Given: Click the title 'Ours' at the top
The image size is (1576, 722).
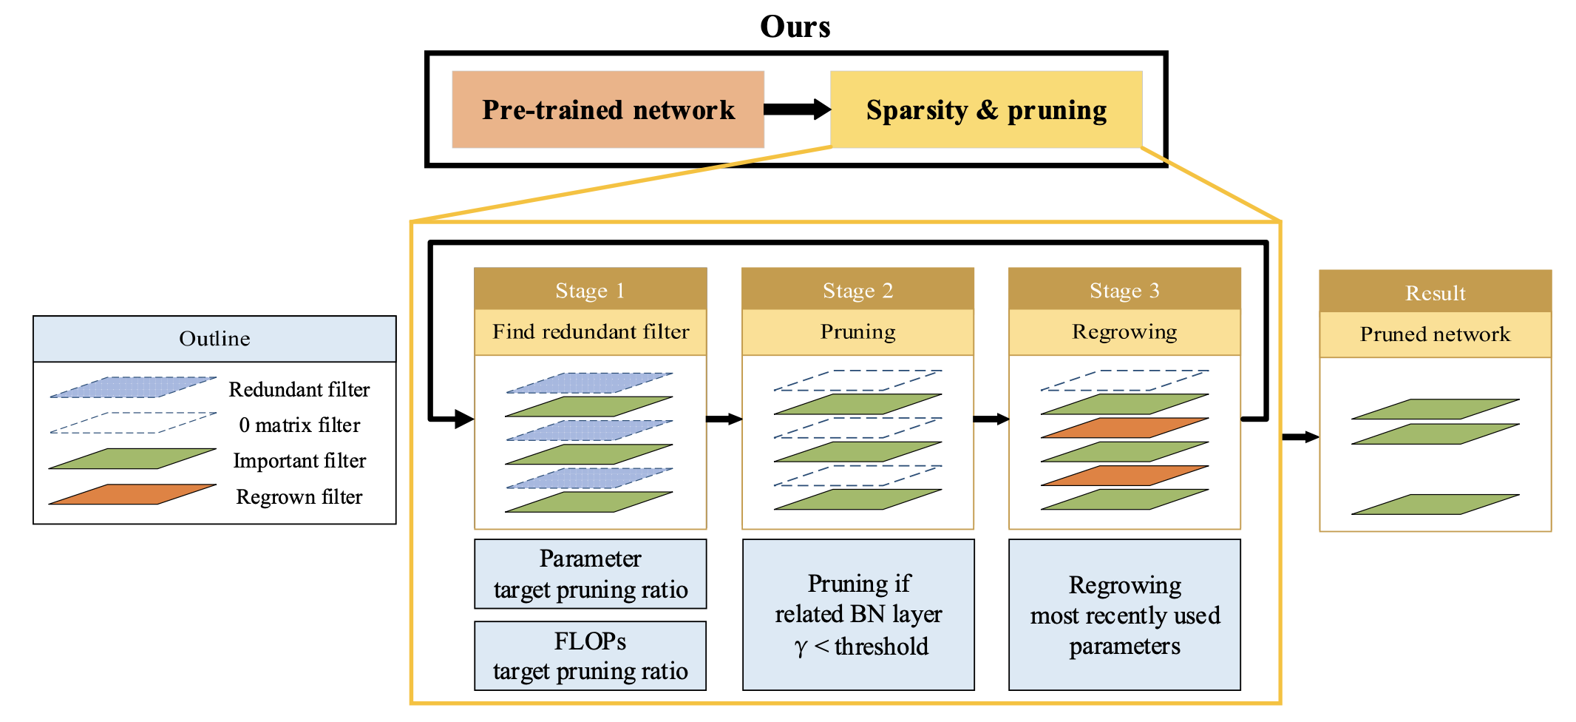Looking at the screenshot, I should point(795,27).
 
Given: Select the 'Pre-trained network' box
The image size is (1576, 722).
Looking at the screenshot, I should point(608,109).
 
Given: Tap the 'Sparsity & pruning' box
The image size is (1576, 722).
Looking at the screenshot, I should point(986,109).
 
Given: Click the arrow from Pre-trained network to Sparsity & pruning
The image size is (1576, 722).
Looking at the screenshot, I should point(797,109).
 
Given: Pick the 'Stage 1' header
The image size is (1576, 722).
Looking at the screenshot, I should point(590,290).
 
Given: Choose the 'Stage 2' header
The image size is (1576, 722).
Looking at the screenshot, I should point(857,290).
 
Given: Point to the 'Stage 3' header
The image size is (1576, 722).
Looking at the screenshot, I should point(1124,290).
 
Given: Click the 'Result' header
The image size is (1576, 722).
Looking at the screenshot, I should point(1435,292).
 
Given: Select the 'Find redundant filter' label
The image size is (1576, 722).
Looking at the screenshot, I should point(590,331).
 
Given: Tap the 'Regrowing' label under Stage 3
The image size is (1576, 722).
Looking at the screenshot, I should point(1124,331).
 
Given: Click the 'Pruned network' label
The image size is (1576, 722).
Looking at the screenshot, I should point(1435,334).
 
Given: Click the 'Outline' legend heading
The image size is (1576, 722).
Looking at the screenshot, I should point(214,339).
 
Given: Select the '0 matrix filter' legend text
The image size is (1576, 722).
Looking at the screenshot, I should point(299,425).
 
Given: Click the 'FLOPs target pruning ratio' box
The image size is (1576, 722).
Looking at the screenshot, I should point(590,655).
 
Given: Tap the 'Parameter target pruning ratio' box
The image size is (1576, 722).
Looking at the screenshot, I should point(590,574).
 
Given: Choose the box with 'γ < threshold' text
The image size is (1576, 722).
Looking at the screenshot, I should point(858,615).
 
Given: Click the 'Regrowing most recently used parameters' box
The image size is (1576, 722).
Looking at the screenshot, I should point(1124,615).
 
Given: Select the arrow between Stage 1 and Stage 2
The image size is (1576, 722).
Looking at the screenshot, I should point(724,419).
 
